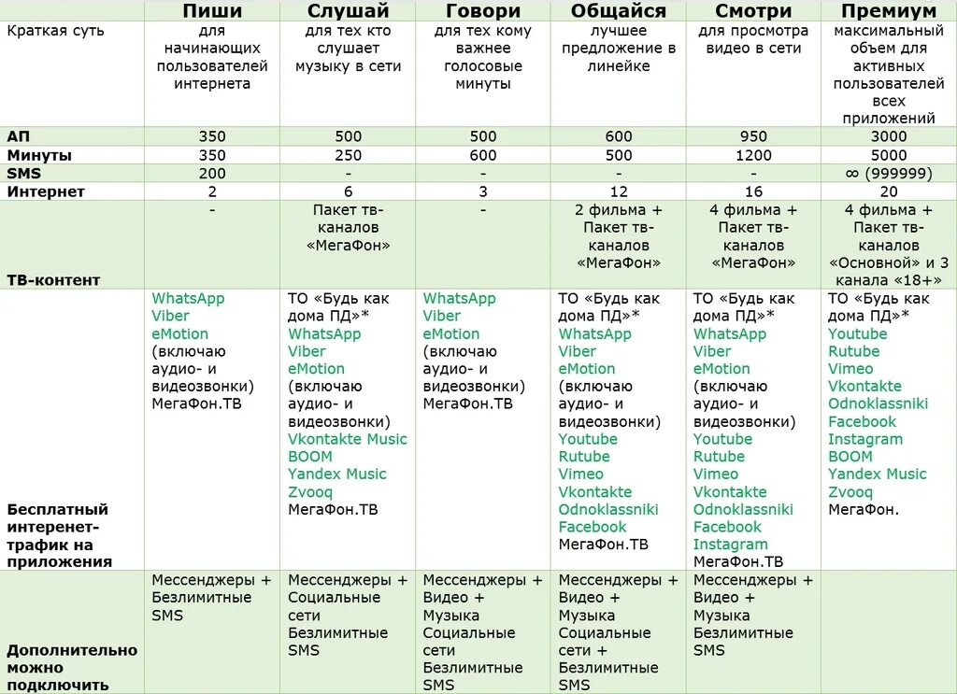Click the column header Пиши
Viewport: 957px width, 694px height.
212,11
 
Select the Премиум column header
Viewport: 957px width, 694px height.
888,11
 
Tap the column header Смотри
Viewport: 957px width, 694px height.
753,11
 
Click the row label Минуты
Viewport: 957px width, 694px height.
39,156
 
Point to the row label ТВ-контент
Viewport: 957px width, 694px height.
53,280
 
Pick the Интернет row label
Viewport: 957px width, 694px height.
46,192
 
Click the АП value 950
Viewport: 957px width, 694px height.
753,137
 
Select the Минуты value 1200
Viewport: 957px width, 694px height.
753,156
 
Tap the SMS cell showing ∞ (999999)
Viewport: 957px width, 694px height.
888,174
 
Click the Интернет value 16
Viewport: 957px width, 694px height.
753,192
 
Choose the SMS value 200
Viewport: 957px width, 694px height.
212,174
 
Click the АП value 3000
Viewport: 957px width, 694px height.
888,137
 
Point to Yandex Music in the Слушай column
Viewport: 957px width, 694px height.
336,474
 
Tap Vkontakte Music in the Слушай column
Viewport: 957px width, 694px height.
348,439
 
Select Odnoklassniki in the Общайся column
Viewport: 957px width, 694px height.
608,510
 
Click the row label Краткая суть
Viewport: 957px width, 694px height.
55,32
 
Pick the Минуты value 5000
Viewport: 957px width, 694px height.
888,156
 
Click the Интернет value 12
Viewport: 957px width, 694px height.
619,192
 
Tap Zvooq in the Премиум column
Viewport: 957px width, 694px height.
850,492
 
